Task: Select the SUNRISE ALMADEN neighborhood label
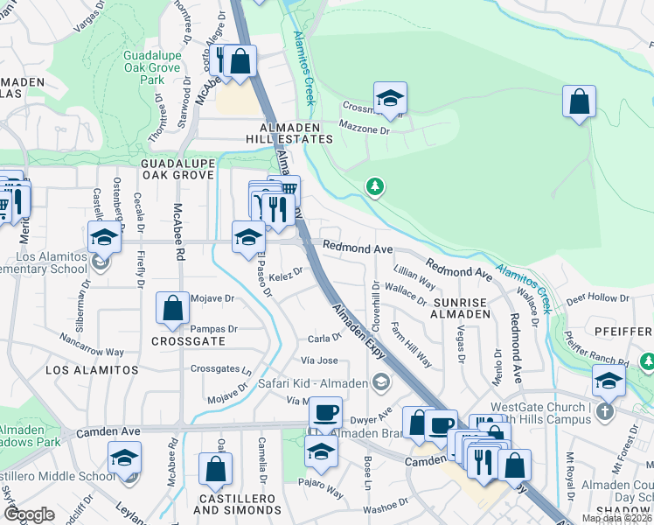point(460,307)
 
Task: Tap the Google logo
point(30,515)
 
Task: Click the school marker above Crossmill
point(390,97)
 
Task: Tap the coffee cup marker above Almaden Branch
point(326,411)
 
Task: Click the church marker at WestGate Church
point(604,410)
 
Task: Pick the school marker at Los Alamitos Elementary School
point(103,237)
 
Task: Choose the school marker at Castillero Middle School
point(124,458)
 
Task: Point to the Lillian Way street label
point(414,279)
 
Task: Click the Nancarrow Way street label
point(92,345)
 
